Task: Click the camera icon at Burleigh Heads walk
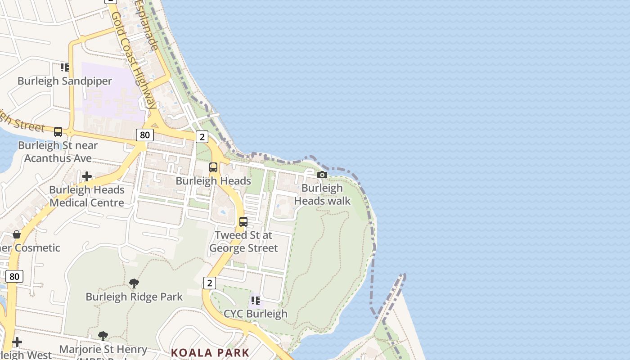click(x=322, y=175)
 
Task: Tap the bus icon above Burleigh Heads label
click(x=213, y=167)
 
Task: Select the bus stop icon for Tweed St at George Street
click(x=243, y=222)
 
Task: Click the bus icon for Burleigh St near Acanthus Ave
click(x=58, y=132)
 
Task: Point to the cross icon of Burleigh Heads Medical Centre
click(x=87, y=176)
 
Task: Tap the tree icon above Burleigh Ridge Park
click(x=134, y=283)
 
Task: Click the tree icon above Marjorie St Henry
click(x=103, y=336)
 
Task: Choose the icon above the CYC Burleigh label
click(x=255, y=300)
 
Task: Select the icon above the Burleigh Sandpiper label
click(x=65, y=67)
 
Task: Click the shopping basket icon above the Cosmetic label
click(x=17, y=234)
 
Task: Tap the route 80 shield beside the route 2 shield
click(x=144, y=135)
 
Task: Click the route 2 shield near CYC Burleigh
click(x=209, y=283)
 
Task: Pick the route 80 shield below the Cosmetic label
click(x=14, y=276)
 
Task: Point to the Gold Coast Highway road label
click(x=134, y=61)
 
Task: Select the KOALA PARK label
click(x=210, y=352)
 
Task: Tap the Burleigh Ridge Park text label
click(x=134, y=297)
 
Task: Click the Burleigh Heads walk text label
click(x=322, y=194)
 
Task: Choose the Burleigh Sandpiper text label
click(x=65, y=81)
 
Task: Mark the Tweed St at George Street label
click(x=243, y=242)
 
